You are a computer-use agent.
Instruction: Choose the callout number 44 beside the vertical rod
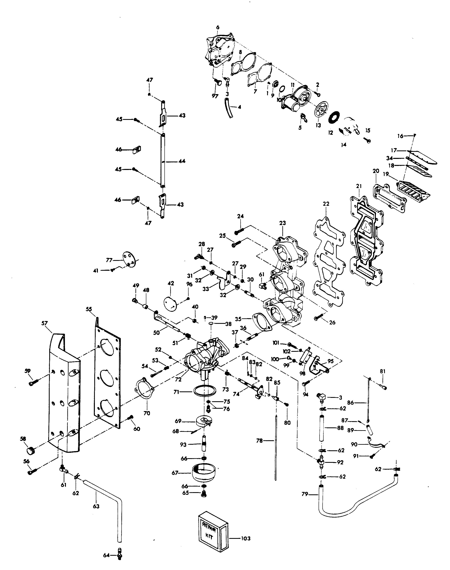click(x=182, y=161)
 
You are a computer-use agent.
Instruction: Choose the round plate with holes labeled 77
click(x=129, y=258)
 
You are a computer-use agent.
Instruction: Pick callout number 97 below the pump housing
click(x=215, y=97)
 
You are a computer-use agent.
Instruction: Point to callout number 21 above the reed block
click(x=359, y=186)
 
